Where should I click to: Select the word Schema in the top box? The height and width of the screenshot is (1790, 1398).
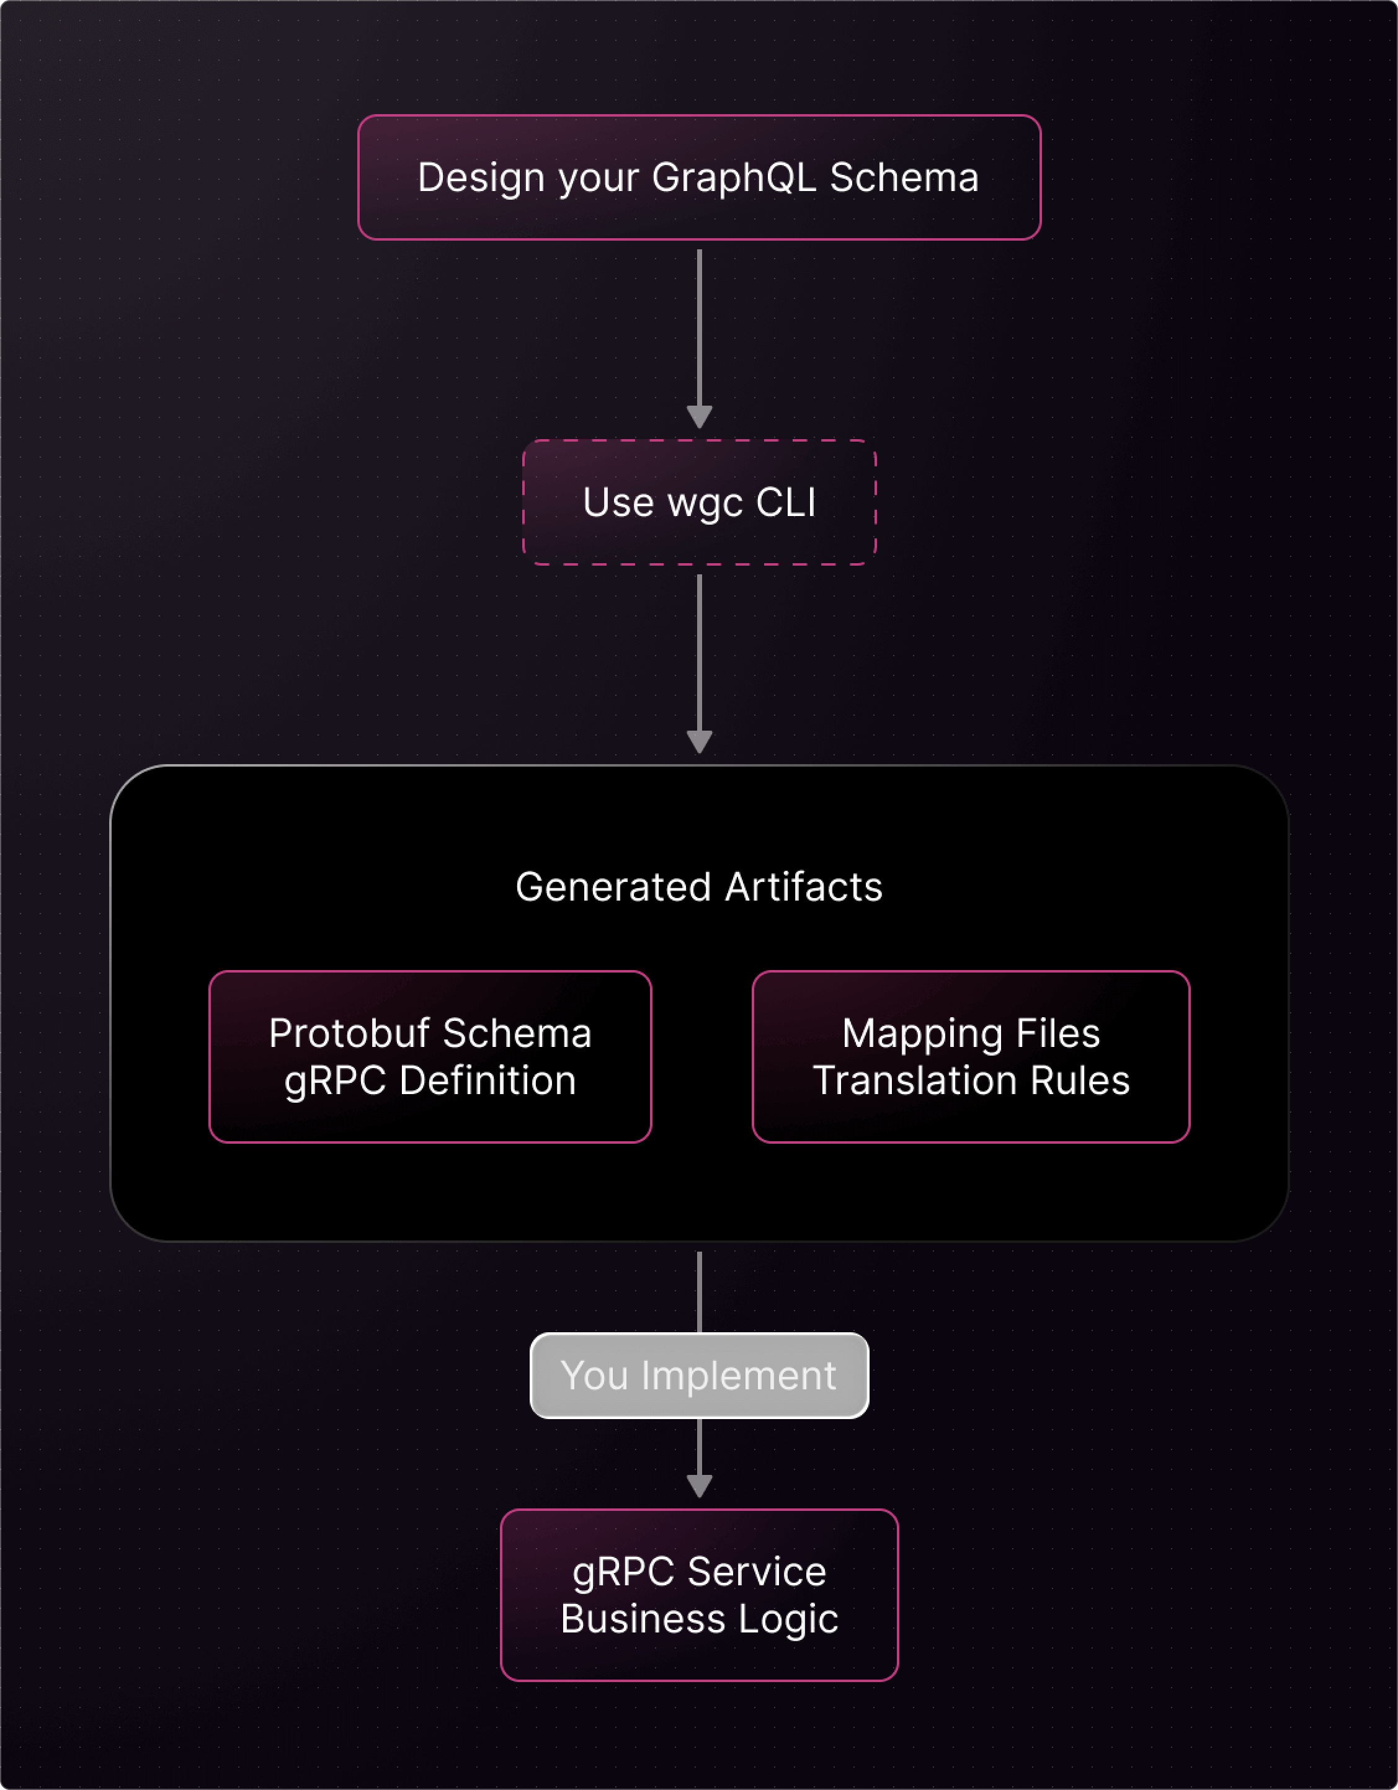click(x=904, y=178)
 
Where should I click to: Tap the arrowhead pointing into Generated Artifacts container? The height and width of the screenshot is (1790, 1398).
click(x=699, y=741)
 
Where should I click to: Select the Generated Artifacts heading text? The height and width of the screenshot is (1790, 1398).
click(x=699, y=887)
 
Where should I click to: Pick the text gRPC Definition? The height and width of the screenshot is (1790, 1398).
click(x=430, y=1081)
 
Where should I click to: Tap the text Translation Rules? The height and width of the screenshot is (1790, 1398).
click(x=971, y=1081)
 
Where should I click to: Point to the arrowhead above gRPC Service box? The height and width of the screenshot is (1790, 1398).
click(x=699, y=1485)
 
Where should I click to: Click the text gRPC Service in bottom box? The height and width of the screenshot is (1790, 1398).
click(x=699, y=1572)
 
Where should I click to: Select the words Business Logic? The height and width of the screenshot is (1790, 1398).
click(x=699, y=1619)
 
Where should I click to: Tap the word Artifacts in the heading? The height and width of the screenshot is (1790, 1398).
click(x=803, y=887)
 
